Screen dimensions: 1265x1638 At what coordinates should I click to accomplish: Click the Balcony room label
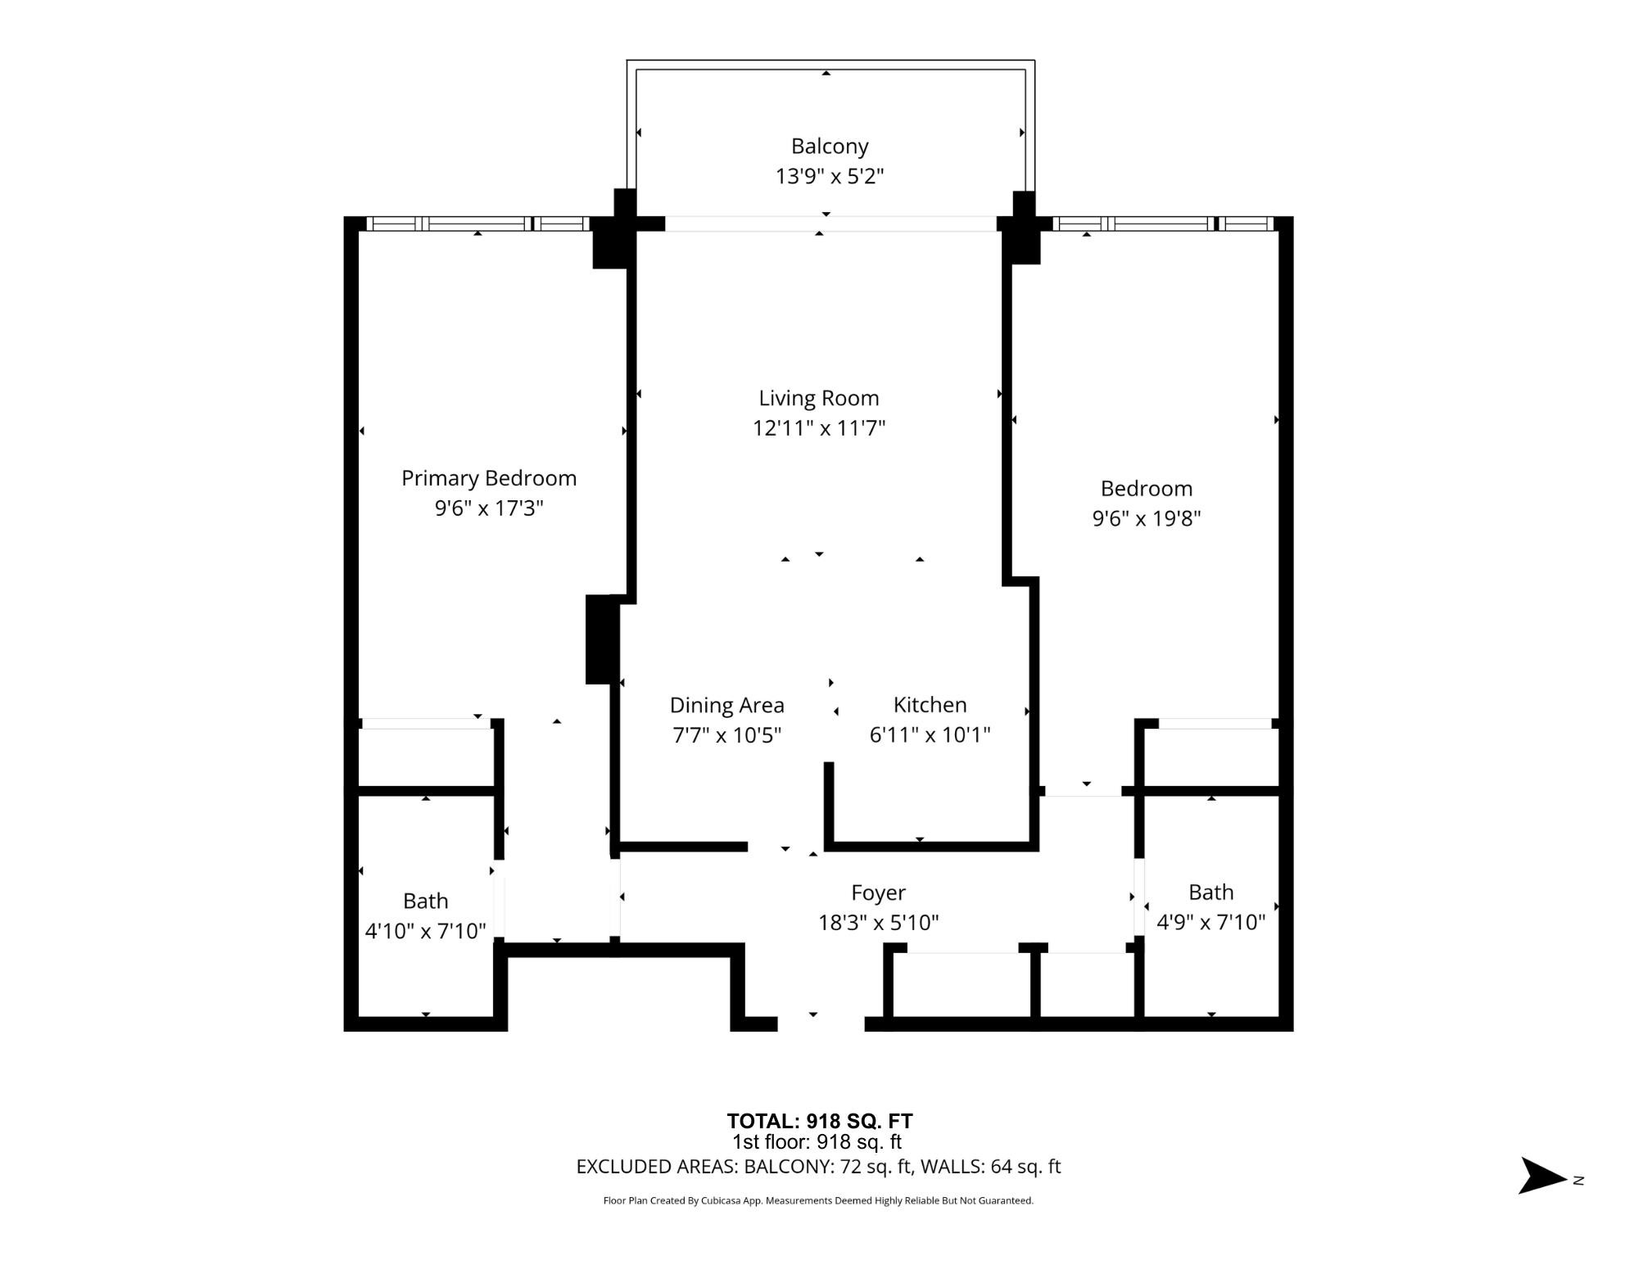[829, 147]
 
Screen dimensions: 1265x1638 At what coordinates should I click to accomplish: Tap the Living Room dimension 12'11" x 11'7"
[818, 428]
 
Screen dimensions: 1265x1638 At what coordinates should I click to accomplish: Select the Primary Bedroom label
[489, 478]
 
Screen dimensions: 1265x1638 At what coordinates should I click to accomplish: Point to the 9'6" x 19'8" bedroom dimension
[1146, 518]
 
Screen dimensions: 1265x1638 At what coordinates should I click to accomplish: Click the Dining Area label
[726, 705]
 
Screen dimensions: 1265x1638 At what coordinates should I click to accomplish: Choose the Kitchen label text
[930, 705]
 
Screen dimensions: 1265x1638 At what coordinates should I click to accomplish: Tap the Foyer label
[878, 892]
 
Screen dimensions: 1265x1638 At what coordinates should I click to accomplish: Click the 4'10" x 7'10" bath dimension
[425, 931]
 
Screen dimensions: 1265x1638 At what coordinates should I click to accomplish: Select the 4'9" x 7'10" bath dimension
[1210, 923]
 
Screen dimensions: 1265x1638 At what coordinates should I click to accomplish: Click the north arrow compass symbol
[1544, 1176]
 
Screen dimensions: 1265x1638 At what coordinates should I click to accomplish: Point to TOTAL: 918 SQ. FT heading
[819, 1121]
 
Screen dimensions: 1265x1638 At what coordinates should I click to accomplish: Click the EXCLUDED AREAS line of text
[818, 1167]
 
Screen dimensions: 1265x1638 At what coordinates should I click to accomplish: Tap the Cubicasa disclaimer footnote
[818, 1200]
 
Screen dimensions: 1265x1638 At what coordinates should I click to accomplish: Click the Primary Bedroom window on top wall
[477, 224]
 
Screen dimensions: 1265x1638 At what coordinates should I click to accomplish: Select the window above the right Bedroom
[1163, 224]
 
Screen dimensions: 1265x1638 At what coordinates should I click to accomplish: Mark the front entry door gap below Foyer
[820, 1023]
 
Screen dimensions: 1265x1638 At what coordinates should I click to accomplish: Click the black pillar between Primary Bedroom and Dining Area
[602, 639]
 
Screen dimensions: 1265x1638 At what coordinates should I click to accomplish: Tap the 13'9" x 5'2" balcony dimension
[829, 176]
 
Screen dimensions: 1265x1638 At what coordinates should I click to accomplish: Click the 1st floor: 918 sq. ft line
[817, 1142]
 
